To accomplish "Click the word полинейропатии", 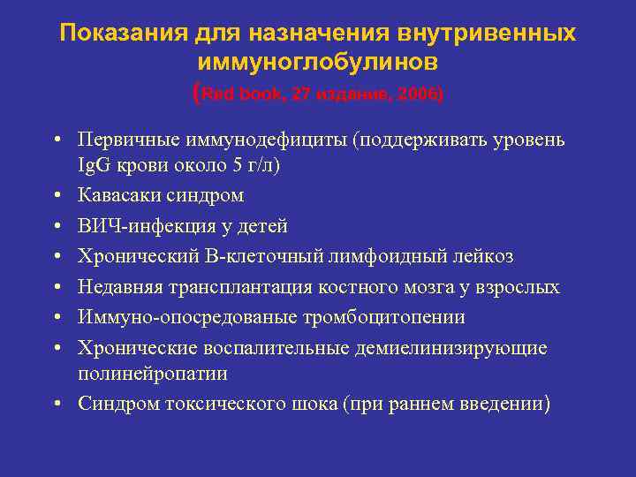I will point(153,374).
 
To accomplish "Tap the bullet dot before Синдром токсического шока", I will point(57,405).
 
